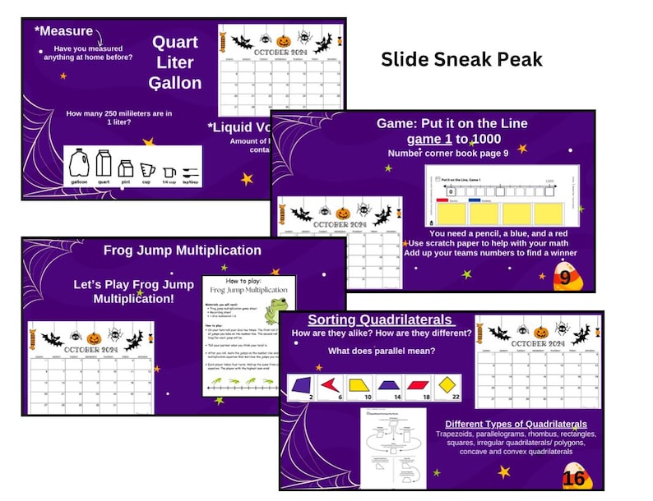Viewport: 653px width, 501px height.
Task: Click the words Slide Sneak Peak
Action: pos(461,59)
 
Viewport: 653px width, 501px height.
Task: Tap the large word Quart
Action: pos(174,43)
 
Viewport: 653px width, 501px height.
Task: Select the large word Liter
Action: pos(174,62)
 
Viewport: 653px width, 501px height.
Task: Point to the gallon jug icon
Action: pos(80,163)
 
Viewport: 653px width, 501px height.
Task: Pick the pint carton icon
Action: pos(126,168)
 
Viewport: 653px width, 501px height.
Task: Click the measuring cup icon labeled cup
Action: pos(147,169)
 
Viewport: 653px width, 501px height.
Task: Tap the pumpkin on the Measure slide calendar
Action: pos(283,39)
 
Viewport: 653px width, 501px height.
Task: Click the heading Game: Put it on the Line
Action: pos(452,123)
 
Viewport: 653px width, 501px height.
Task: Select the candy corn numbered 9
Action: pos(564,276)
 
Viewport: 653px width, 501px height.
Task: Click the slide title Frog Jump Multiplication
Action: pos(183,250)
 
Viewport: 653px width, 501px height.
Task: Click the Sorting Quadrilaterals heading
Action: pos(380,319)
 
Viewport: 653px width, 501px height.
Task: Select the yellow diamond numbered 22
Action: pos(446,384)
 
